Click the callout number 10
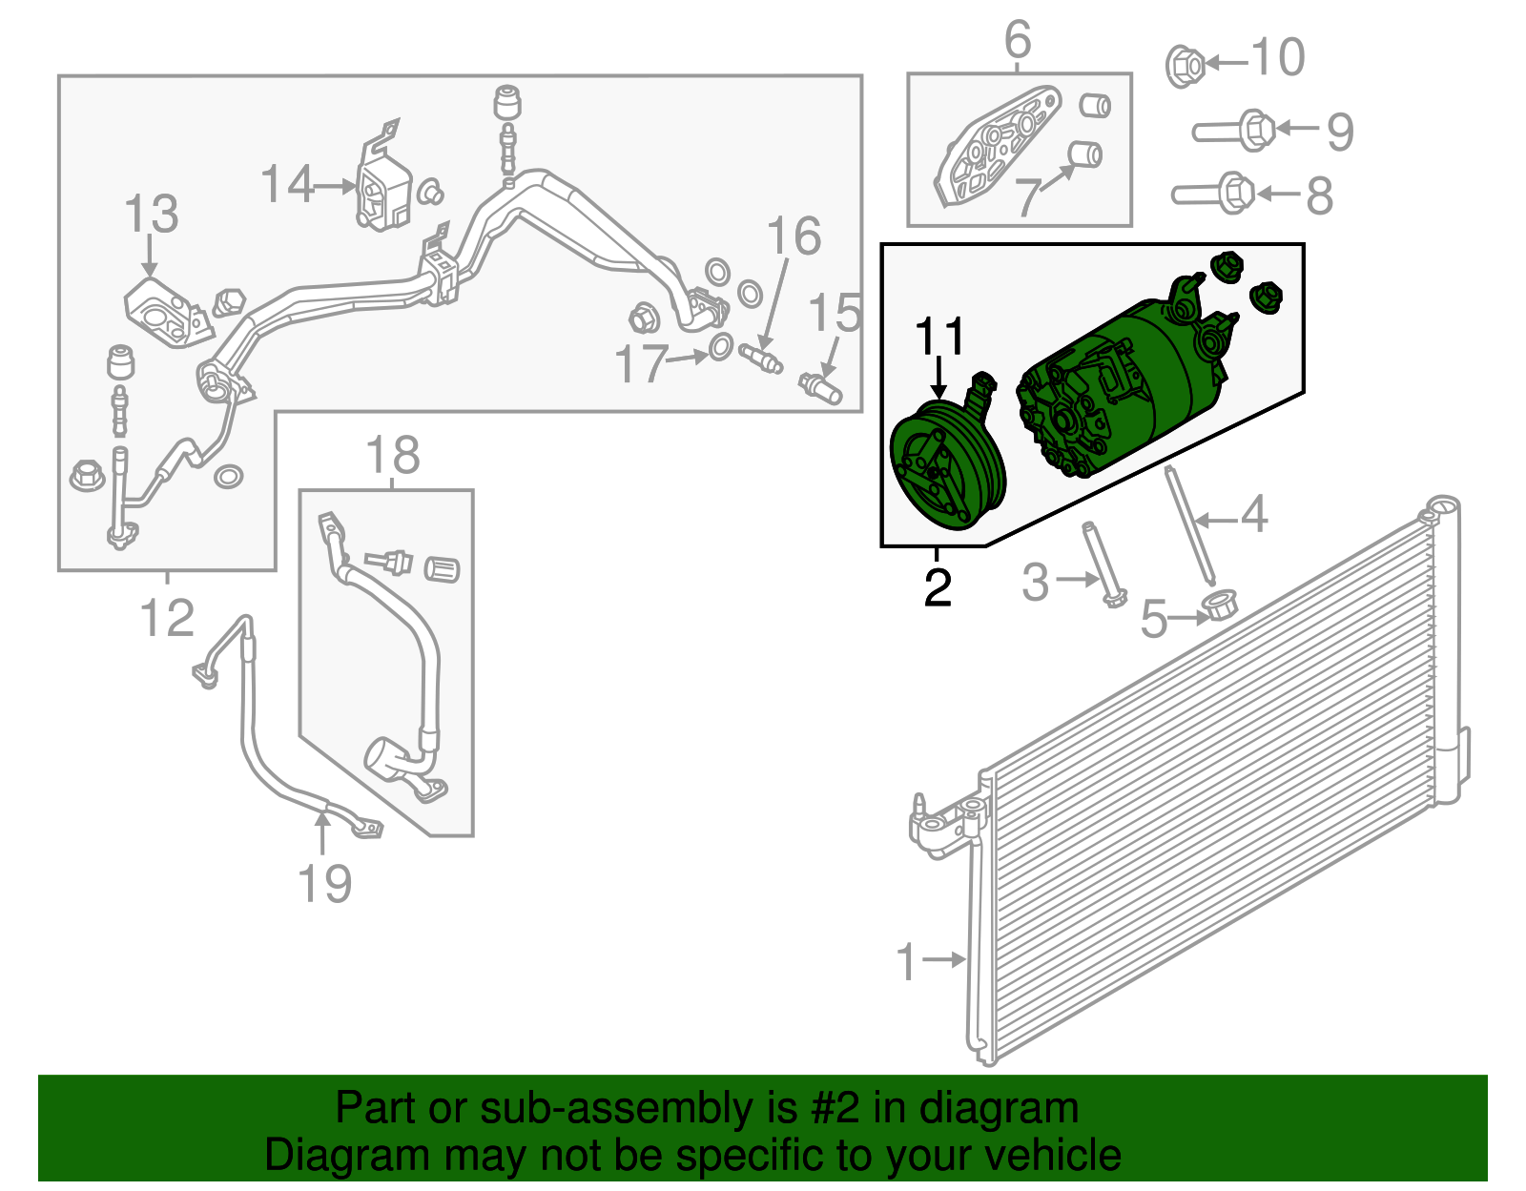tap(1278, 57)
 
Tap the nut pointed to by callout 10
tap(1184, 66)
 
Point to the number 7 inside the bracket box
tap(1029, 197)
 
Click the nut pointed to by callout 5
tap(1219, 606)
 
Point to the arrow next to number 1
tap(943, 958)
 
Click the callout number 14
tap(286, 184)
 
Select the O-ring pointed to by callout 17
tap(721, 347)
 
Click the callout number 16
tap(794, 236)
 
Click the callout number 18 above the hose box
tap(393, 455)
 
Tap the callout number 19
tap(324, 883)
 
